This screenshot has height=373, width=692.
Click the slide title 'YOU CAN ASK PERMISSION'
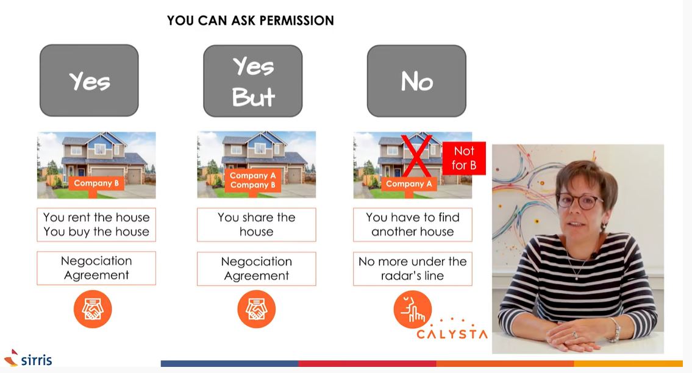(x=250, y=21)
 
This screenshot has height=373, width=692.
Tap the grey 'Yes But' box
(x=253, y=81)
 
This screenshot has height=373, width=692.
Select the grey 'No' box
(x=416, y=81)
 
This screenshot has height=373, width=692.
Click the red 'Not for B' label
(x=464, y=158)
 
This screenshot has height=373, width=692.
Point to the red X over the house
(x=416, y=156)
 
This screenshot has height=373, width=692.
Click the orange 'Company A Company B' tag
(x=252, y=180)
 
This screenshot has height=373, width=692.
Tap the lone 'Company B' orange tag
(x=96, y=183)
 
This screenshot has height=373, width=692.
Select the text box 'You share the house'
(x=257, y=225)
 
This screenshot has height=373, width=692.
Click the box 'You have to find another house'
(x=413, y=225)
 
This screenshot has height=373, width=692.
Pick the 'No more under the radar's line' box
(x=413, y=268)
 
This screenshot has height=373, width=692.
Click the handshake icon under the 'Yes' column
(x=93, y=309)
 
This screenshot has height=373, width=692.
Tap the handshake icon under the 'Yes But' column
(x=257, y=309)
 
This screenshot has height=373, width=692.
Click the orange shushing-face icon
(x=412, y=309)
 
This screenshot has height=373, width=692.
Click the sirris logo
(x=28, y=358)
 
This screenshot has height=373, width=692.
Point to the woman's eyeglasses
(x=579, y=201)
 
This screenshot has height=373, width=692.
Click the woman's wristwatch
(x=614, y=330)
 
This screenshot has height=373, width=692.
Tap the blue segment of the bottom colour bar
(x=229, y=364)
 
